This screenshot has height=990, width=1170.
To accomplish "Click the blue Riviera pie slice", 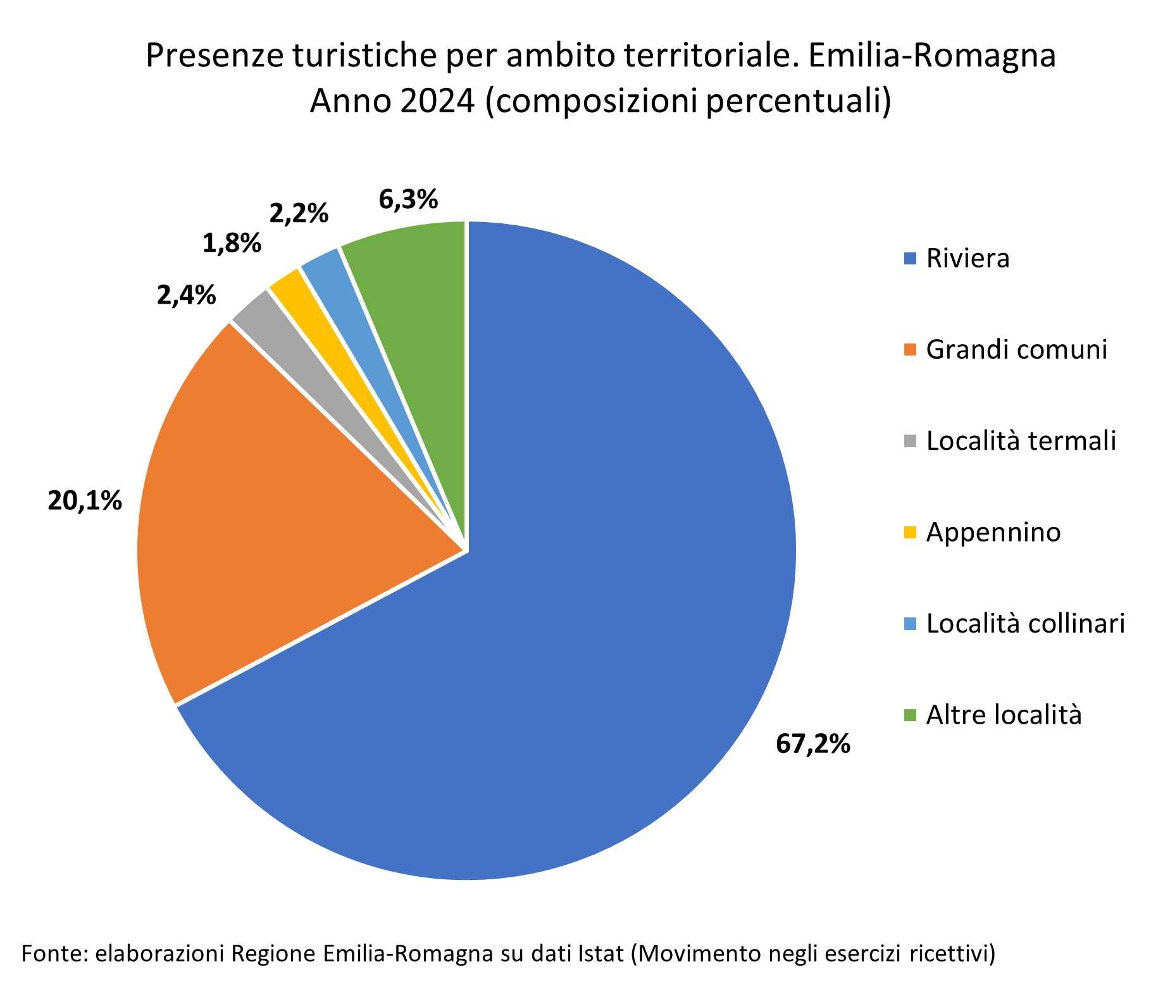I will pos(601,601).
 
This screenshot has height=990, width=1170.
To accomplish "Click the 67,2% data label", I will pos(813,744).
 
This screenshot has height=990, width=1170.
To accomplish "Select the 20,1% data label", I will pos(85,501).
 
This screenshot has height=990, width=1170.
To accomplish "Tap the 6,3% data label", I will pos(408,199).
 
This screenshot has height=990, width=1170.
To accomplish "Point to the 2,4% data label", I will pos(186,295).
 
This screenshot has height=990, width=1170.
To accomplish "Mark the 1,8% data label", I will pos(232,244).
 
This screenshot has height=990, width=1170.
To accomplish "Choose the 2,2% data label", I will pos(299,214).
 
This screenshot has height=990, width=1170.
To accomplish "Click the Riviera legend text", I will pos(968,259).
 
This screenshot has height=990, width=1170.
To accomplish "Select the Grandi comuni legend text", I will pos(1016,350).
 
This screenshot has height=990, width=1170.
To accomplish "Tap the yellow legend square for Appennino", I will pos(910,533).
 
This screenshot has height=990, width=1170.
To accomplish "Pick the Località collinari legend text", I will pos(1025,624).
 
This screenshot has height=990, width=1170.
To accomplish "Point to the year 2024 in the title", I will pos(437,101).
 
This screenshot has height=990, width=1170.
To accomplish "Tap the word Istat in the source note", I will pos(601,953).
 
